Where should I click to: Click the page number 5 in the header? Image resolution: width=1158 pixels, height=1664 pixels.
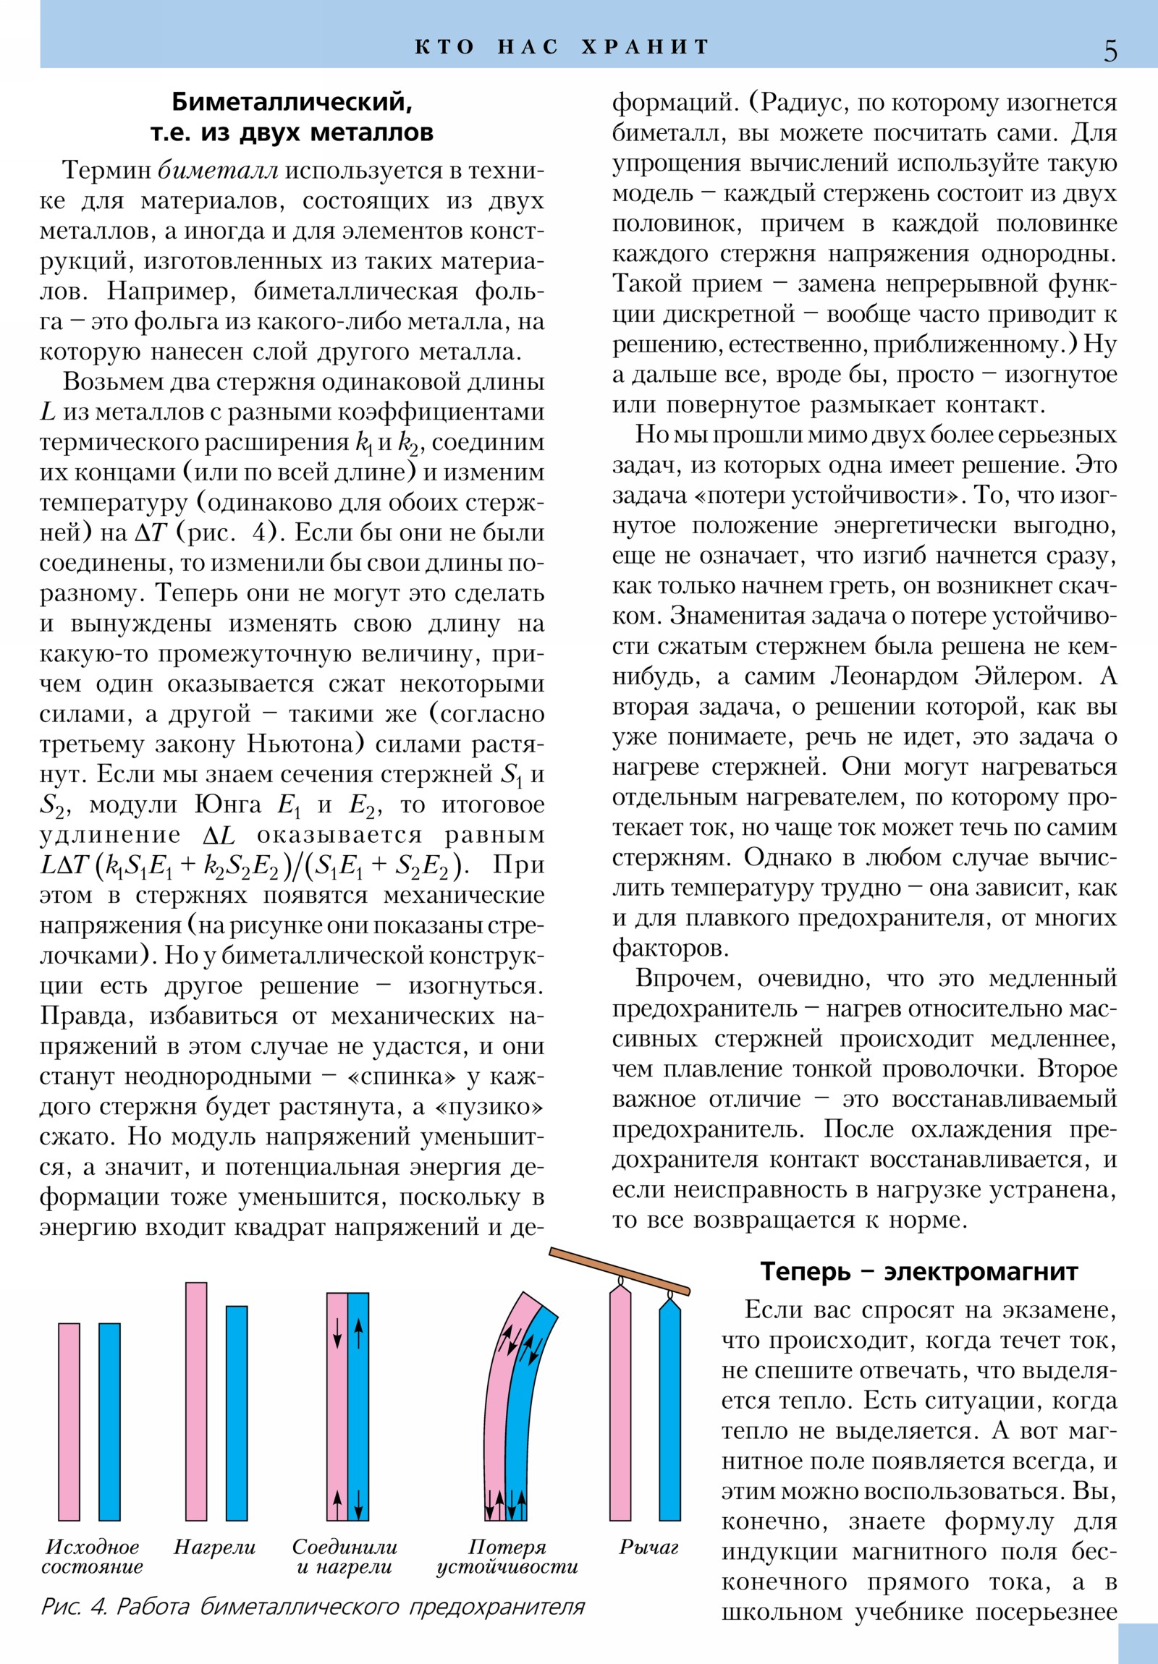(1110, 51)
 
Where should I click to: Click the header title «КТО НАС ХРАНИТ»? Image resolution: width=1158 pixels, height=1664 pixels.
(562, 47)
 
